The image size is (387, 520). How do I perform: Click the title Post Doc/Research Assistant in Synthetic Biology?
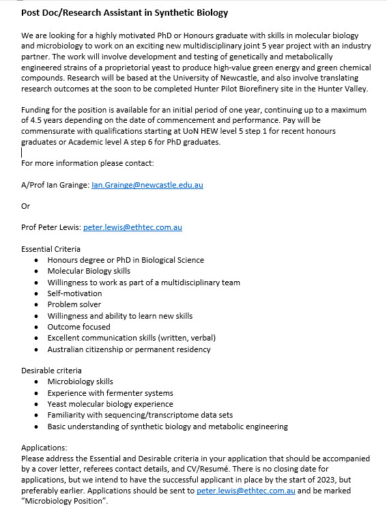tap(125, 13)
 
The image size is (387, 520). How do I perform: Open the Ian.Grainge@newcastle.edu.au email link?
tap(147, 185)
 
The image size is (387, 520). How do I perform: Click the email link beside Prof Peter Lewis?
tap(132, 227)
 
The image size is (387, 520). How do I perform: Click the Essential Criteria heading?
tap(51, 249)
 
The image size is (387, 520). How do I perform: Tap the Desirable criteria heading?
tap(51, 371)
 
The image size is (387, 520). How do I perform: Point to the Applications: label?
tap(44, 448)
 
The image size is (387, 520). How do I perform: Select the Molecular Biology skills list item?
tap(89, 271)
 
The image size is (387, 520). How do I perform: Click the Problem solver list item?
tap(74, 304)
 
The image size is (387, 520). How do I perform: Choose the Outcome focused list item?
tap(78, 327)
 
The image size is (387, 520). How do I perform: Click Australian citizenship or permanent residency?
tap(129, 349)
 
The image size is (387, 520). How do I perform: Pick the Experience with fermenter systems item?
tap(110, 393)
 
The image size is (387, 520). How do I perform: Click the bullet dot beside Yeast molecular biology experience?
tap(35, 405)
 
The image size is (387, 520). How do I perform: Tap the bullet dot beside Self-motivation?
tap(35, 293)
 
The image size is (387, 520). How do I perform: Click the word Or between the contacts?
tap(26, 206)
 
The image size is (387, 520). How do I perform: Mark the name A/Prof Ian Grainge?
tap(55, 185)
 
